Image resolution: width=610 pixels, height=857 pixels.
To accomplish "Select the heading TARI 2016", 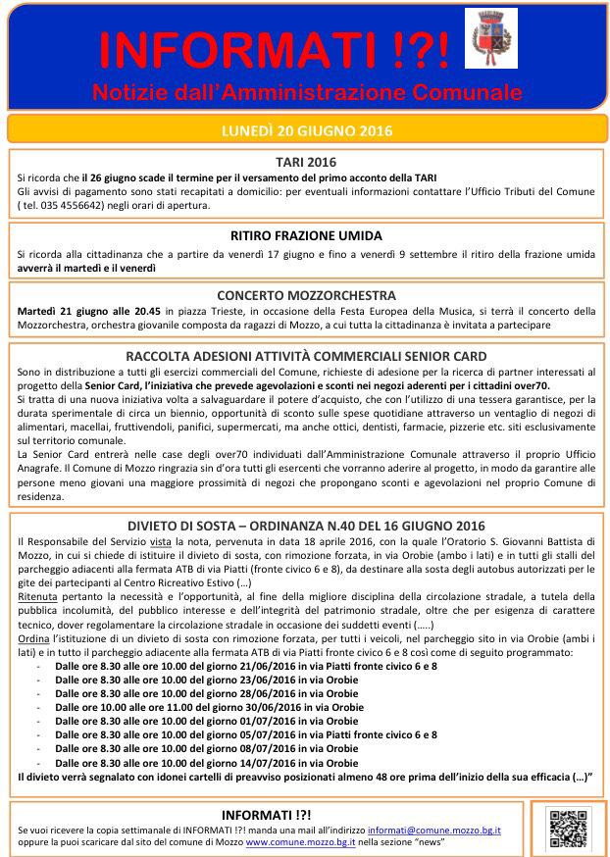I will tap(305, 162).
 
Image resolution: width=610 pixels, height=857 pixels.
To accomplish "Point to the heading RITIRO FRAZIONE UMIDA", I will tap(305, 236).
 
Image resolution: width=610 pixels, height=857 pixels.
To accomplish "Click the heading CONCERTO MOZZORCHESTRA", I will tap(305, 295).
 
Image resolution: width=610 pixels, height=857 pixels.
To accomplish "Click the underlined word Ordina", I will tap(33, 638).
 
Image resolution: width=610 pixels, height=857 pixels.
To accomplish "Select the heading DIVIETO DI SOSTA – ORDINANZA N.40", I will tap(305, 526).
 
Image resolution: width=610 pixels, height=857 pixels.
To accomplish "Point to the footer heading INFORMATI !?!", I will tap(266, 814).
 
